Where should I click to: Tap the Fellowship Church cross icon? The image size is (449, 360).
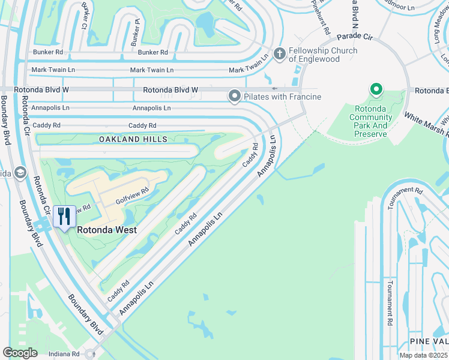(279, 54)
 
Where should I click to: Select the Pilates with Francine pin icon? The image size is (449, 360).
(234, 96)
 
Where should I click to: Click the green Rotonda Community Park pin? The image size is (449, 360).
(376, 90)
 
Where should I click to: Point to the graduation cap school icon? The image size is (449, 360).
(20, 173)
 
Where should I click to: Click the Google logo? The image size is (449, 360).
(20, 353)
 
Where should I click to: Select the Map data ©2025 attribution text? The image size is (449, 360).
(423, 355)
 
